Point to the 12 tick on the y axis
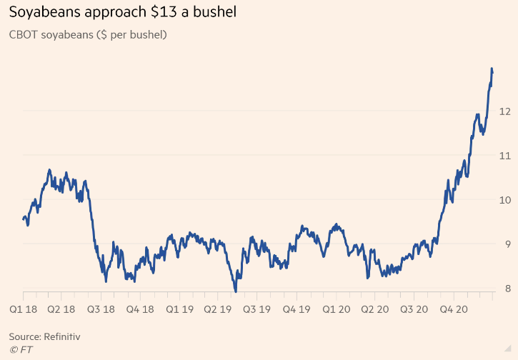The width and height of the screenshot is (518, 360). [x=504, y=111]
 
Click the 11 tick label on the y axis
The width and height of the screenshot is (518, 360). [x=504, y=156]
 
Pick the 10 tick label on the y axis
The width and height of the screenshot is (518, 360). [x=504, y=200]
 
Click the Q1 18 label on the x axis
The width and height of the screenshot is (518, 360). [x=24, y=310]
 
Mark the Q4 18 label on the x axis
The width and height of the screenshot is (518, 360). [x=141, y=310]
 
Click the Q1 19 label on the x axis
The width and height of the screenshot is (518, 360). [x=179, y=310]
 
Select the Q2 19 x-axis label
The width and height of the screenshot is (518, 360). [x=219, y=310]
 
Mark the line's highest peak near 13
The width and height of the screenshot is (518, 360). [x=492, y=69]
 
